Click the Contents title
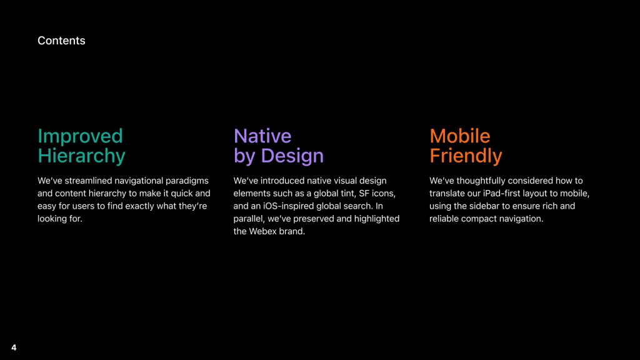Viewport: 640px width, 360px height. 61,41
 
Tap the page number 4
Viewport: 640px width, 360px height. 14,347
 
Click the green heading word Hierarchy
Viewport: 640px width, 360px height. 81,156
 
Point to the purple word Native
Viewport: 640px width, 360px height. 262,136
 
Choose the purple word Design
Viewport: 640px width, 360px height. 292,156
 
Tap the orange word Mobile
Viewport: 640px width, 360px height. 459,136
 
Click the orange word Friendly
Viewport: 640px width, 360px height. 466,156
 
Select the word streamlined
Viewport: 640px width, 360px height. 88,181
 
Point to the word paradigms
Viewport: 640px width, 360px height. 187,181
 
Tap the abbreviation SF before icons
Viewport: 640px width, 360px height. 364,193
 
